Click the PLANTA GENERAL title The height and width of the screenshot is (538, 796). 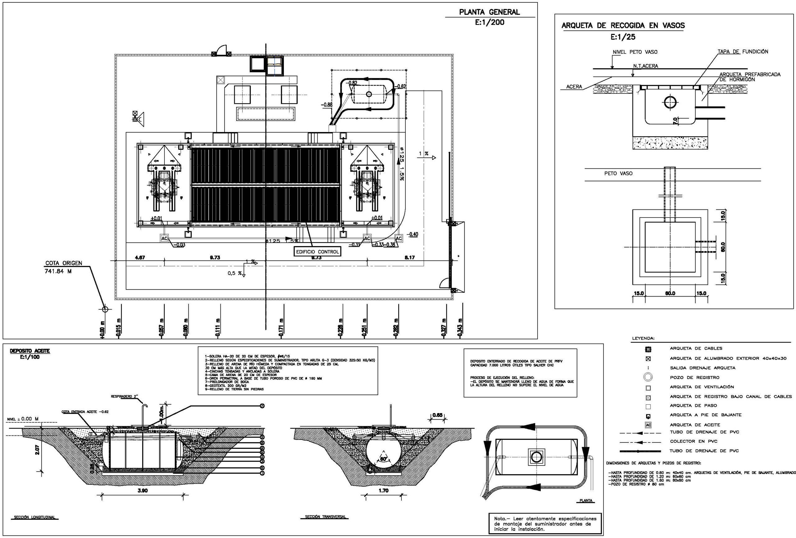point(489,12)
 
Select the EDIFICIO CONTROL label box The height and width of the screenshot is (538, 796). point(317,252)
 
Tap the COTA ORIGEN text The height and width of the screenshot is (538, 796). point(64,263)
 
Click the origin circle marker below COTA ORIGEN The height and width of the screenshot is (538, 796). point(105,309)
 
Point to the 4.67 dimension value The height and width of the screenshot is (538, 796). point(140,258)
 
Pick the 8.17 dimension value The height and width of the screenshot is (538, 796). point(409,258)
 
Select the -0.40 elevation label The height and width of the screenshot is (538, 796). point(413,235)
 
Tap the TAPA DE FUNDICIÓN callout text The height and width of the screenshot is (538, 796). point(743,52)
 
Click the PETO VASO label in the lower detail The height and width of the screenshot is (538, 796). point(618,173)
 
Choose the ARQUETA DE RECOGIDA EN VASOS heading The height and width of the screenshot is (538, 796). point(623,25)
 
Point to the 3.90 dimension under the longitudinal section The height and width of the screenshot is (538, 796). point(142,491)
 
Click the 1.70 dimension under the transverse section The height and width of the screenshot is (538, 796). point(383,491)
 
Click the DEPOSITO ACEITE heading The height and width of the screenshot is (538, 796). point(30,351)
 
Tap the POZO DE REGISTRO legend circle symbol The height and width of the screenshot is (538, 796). point(648,377)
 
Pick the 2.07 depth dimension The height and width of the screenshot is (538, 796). point(37,450)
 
